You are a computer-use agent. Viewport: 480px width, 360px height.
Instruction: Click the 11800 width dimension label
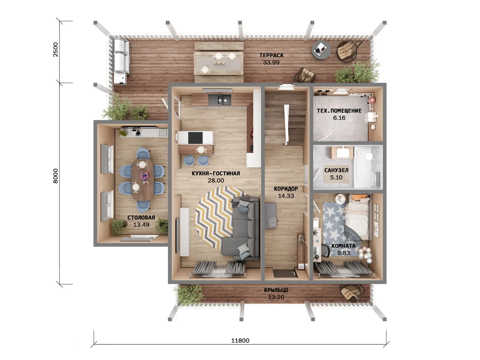240,340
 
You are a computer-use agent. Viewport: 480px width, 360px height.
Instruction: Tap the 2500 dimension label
56,49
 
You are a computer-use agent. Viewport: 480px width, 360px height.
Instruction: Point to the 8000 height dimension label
56,176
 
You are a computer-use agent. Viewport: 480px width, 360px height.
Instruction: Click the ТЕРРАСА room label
271,55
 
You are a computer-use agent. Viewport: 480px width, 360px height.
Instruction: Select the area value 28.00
216,180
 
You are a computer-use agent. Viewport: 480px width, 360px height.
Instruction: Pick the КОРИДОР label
286,189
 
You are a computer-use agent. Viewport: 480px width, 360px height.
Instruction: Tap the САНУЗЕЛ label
336,170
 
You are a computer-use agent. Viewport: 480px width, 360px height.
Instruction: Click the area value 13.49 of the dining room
141,224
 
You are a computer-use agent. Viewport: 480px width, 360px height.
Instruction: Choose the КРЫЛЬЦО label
276,290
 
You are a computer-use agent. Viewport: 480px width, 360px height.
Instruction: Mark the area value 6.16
339,118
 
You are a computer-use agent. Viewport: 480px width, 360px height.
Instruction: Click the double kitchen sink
220,100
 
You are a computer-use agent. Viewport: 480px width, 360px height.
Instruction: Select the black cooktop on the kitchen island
195,138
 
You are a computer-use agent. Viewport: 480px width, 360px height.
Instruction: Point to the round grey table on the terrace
321,50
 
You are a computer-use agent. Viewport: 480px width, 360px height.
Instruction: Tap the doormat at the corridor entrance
284,273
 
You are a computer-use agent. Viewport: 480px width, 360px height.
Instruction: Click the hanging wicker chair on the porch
352,292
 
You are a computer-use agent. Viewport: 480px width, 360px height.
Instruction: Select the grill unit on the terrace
121,61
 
